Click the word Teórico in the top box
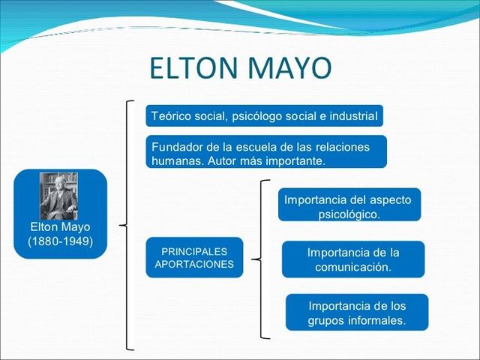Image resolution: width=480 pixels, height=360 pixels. (170, 117)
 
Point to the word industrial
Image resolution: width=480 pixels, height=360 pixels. (352, 117)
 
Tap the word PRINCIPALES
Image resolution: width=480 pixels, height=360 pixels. (194, 251)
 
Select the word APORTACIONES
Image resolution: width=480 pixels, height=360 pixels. (194, 265)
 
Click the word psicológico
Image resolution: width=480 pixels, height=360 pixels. (349, 214)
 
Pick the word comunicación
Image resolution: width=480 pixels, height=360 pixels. (353, 267)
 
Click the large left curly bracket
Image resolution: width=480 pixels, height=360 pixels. (128, 224)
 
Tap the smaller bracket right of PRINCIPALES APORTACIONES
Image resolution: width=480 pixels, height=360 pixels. (260, 259)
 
